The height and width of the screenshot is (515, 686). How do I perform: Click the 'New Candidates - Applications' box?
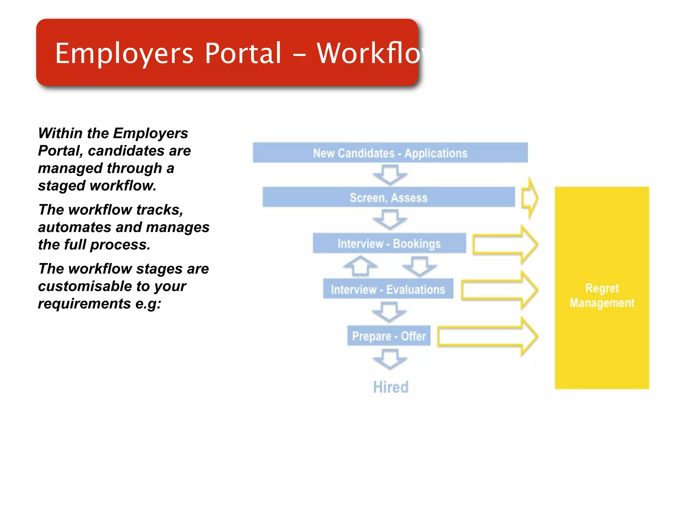coord(390,153)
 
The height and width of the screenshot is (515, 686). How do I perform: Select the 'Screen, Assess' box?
coord(389,197)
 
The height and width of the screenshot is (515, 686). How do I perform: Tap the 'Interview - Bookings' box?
coord(389,243)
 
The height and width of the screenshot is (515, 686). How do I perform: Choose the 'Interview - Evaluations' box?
coord(388,289)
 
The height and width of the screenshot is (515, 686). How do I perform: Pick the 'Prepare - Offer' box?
coord(389,336)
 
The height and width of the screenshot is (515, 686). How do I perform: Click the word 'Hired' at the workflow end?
coord(391,387)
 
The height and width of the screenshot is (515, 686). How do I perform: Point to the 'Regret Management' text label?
coord(602,295)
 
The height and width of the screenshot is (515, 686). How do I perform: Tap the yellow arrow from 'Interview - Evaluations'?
coord(499,290)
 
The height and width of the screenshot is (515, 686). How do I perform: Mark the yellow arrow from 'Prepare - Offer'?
coord(488,336)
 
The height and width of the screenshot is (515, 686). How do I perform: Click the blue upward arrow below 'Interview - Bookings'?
coord(360,266)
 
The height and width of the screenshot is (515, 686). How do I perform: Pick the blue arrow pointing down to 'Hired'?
coord(390,358)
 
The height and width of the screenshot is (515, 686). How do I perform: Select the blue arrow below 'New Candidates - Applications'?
coord(390,174)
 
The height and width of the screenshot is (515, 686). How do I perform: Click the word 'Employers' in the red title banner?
coord(124,54)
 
